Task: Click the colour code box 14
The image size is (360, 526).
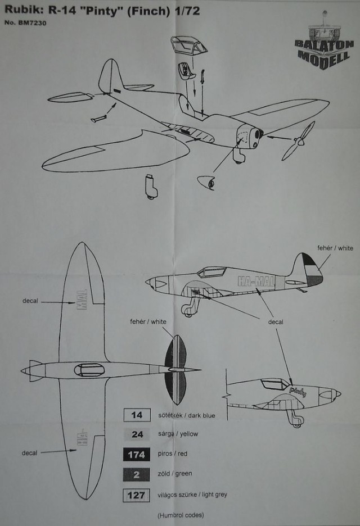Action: [x=137, y=415]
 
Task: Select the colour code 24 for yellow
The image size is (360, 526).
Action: [x=137, y=434]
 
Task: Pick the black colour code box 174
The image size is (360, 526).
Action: [x=137, y=455]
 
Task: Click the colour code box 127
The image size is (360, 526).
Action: [x=137, y=495]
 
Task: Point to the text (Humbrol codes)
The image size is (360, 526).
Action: [x=181, y=515]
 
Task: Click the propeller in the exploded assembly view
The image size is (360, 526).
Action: [x=299, y=141]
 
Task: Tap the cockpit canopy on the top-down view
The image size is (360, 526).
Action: [x=90, y=370]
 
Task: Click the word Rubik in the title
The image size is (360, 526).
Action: [x=20, y=10]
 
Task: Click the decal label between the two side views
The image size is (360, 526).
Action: [x=275, y=322]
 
